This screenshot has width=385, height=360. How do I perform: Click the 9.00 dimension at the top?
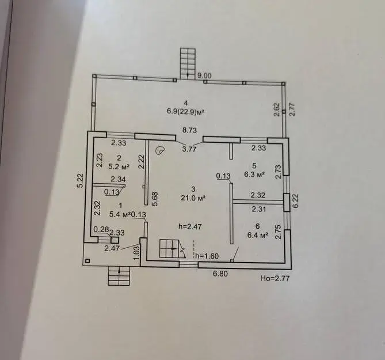[204, 76]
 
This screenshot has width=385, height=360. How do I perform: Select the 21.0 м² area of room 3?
[193, 198]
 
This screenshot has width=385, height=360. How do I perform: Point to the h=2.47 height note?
[190, 226]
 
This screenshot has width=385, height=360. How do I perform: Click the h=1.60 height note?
[207, 256]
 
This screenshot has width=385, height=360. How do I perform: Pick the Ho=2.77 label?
[275, 278]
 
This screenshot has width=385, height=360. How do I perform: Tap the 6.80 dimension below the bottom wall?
[220, 274]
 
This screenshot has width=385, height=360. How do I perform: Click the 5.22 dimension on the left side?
[81, 181]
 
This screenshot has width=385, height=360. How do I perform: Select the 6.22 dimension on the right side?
[295, 201]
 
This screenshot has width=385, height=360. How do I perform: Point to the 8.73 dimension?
[189, 130]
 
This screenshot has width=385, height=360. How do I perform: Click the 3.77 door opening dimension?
[189, 149]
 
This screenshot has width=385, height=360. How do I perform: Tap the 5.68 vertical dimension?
[155, 199]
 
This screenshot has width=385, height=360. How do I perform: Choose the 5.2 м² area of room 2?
[119, 167]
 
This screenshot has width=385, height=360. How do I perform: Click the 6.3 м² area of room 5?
[254, 175]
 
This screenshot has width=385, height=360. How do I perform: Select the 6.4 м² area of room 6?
[258, 236]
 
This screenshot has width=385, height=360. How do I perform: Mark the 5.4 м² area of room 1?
[120, 214]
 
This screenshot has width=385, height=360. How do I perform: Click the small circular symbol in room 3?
[160, 150]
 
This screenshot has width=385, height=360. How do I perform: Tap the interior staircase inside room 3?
[172, 249]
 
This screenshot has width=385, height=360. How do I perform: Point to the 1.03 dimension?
[138, 252]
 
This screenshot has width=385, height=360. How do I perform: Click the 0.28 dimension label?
[101, 229]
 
